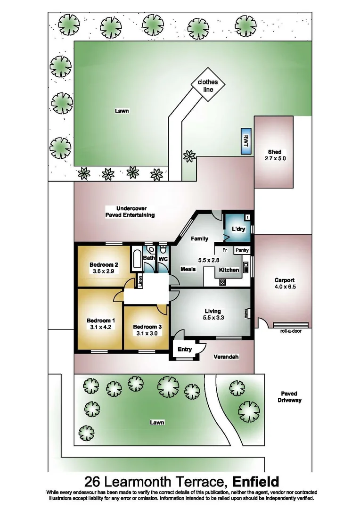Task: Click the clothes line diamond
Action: pyautogui.click(x=208, y=85)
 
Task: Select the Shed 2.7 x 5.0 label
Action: pyautogui.click(x=274, y=155)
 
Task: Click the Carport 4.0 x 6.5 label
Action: pyautogui.click(x=285, y=283)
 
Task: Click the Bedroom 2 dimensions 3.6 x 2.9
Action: pyautogui.click(x=103, y=271)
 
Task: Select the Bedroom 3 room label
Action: pyautogui.click(x=147, y=327)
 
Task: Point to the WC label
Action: pyautogui.click(x=163, y=259)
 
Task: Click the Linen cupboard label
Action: pyautogui.click(x=140, y=281)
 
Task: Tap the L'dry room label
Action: pyautogui.click(x=238, y=230)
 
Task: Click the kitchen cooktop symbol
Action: pyautogui.click(x=223, y=282)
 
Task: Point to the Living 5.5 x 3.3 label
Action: pyautogui.click(x=213, y=314)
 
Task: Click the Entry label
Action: pyautogui.click(x=185, y=349)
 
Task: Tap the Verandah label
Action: pyautogui.click(x=226, y=357)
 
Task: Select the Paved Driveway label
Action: pyautogui.click(x=289, y=397)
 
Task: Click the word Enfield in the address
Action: pyautogui.click(x=255, y=482)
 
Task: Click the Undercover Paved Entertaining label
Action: pyautogui.click(x=130, y=211)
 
